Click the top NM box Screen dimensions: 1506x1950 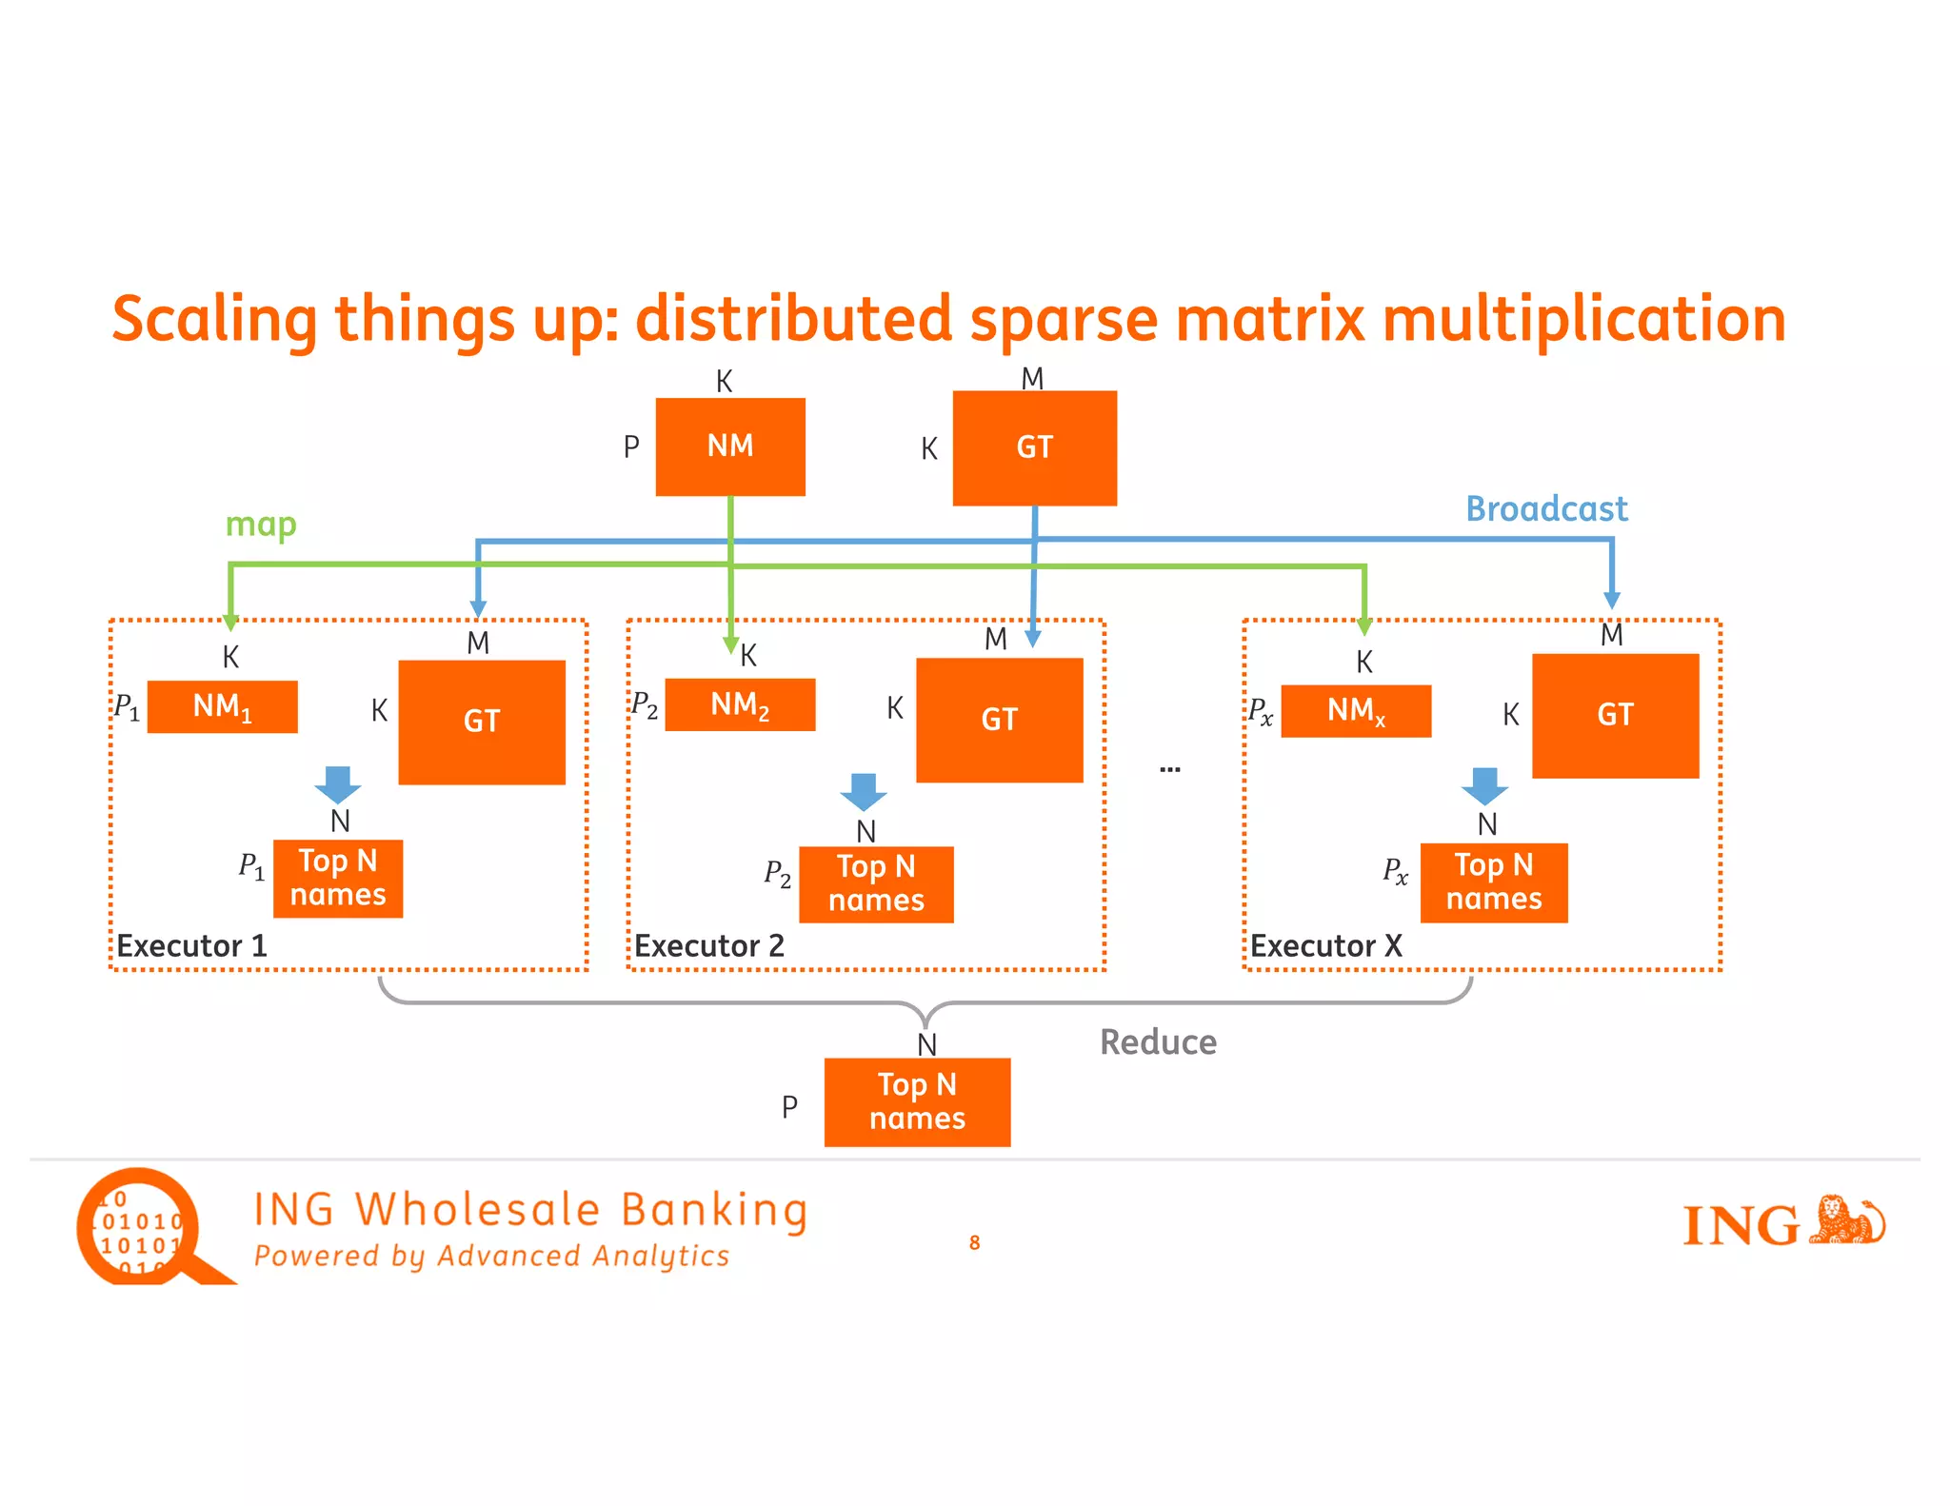pos(730,446)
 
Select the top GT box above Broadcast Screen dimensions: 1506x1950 pos(1034,447)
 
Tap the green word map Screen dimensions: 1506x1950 pos(261,525)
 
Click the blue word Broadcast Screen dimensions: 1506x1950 pos(1546,509)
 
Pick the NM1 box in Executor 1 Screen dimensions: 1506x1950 pos(223,707)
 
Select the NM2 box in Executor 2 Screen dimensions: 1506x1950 pos(740,705)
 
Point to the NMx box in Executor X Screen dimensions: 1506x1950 pos(1356,711)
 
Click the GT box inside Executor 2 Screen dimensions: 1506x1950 pos(999,720)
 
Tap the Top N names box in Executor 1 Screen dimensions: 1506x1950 pos(338,878)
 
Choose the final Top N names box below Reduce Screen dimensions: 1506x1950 pos(917,1101)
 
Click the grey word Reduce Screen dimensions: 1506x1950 pos(1158,1042)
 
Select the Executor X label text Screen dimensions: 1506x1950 pos(1325,946)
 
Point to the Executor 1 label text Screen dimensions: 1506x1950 pos(191,946)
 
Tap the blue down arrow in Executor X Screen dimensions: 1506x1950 pos(1484,786)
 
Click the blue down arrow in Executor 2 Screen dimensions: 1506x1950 pos(864,791)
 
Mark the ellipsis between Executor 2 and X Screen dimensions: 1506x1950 pos(1170,768)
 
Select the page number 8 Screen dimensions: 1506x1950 pos(974,1242)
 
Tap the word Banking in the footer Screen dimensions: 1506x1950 pos(714,1211)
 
